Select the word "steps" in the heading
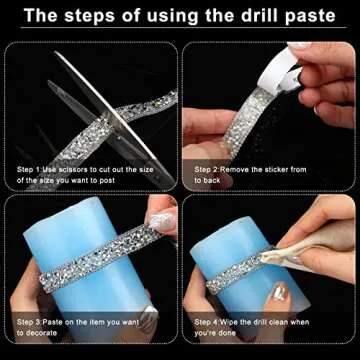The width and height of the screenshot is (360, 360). click(99, 17)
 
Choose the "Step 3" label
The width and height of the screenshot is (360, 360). click(29, 320)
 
